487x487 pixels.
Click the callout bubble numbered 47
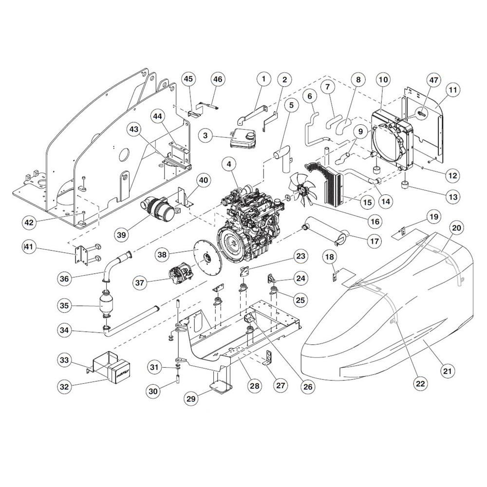(433, 80)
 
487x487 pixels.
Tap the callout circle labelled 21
(447, 371)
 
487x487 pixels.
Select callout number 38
(162, 254)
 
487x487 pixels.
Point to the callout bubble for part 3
(206, 135)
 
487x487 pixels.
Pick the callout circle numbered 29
(191, 398)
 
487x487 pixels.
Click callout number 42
(29, 223)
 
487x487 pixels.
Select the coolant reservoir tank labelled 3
(243, 138)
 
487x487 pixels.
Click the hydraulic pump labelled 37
(181, 274)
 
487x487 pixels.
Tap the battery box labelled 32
(119, 371)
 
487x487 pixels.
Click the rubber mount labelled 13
(405, 185)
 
